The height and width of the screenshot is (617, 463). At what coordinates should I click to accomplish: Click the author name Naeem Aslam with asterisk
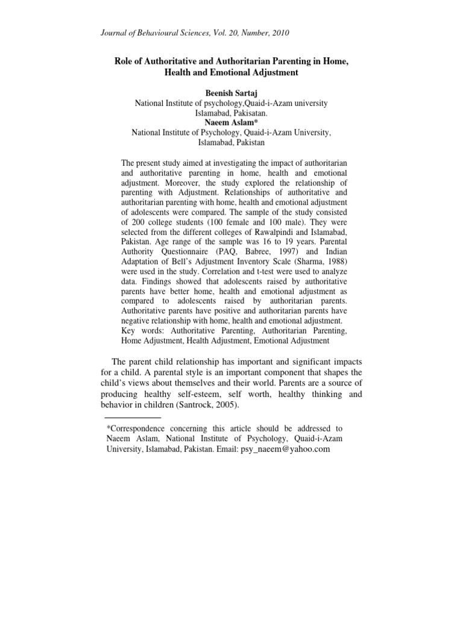click(x=231, y=122)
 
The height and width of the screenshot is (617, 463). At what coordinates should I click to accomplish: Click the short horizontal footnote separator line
click(x=133, y=417)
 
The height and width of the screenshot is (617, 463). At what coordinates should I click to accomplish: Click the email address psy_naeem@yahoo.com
click(x=285, y=450)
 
